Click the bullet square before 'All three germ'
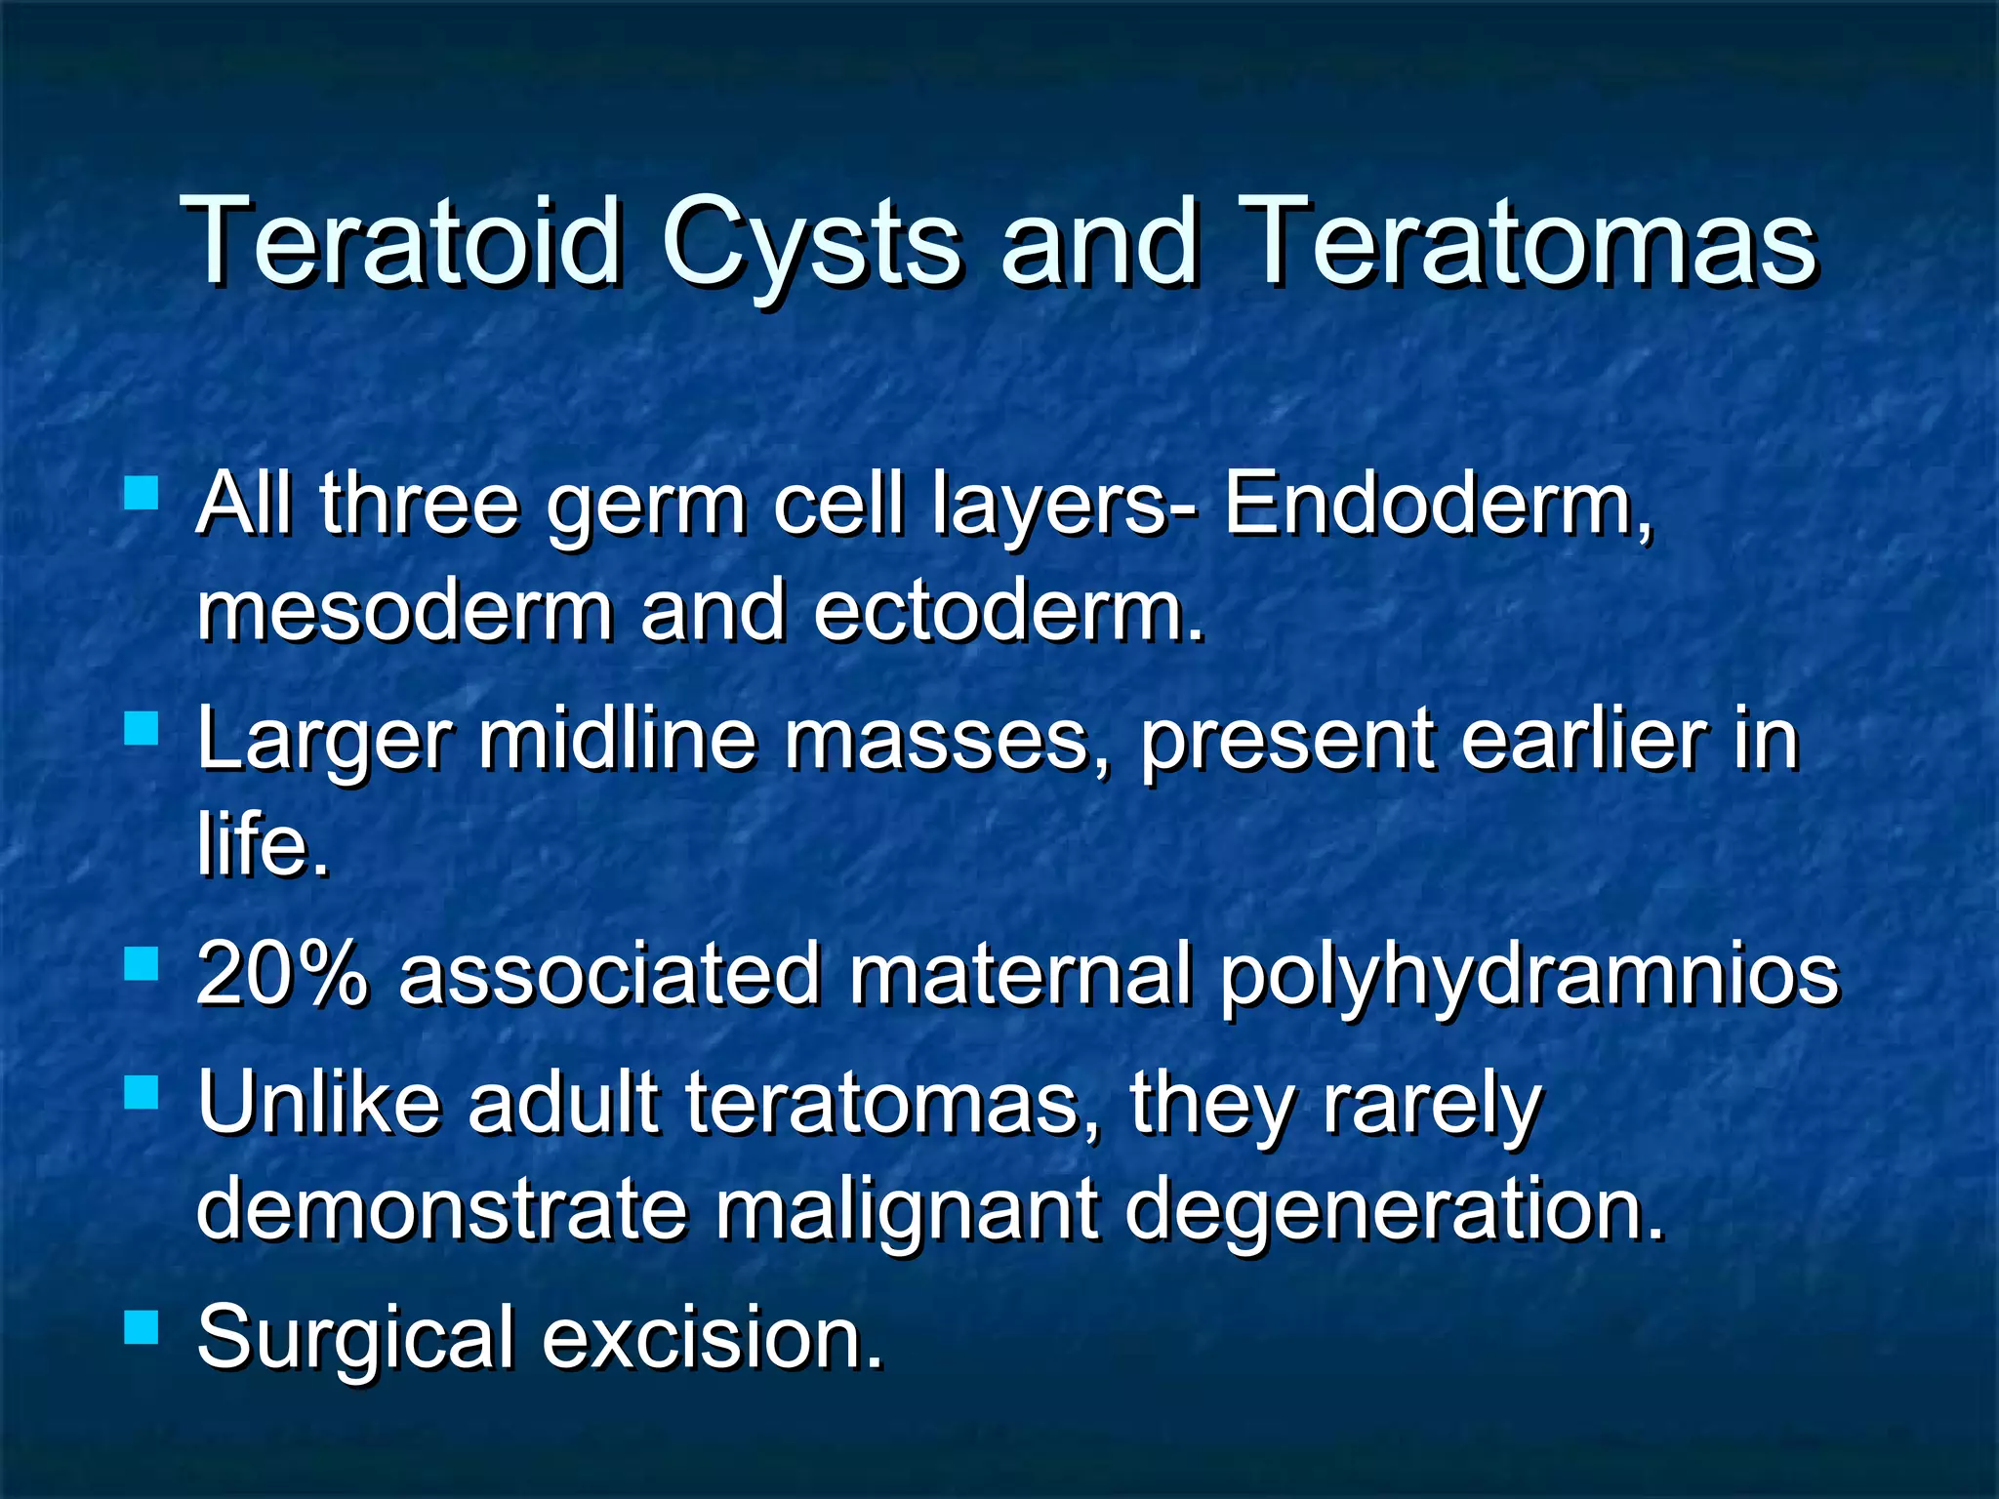[143, 493]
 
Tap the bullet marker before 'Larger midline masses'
[143, 728]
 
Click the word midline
[617, 739]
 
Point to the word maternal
[1019, 974]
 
